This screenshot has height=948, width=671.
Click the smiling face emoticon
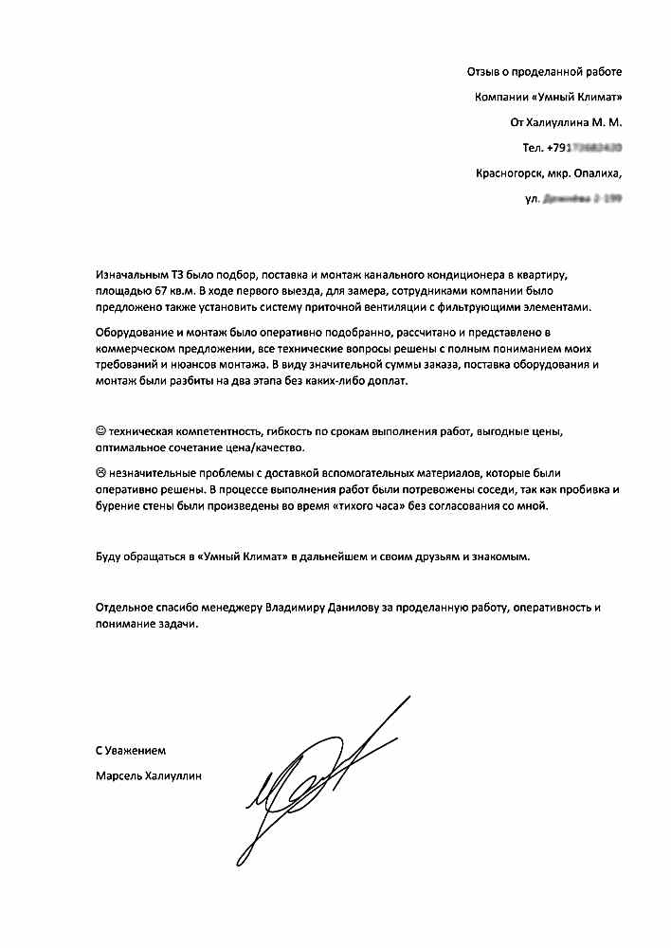pos(101,430)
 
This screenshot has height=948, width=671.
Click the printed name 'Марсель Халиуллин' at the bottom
pos(150,775)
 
